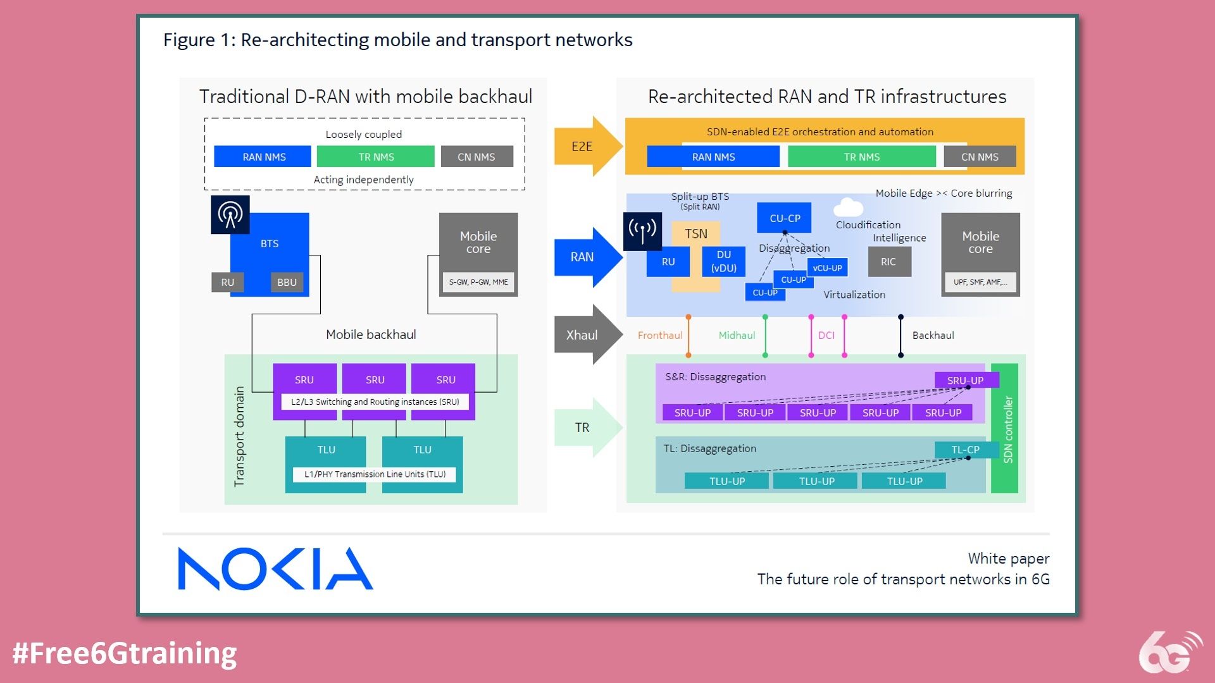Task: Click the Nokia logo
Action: [x=275, y=569]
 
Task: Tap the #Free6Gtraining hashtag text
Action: [x=124, y=653]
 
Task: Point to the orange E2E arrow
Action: [x=586, y=146]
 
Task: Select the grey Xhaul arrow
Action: [x=586, y=335]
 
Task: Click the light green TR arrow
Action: [x=586, y=428]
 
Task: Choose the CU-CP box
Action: [x=785, y=218]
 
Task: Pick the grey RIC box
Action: [x=888, y=261]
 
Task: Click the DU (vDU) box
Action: [x=723, y=261]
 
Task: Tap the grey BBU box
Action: [x=287, y=282]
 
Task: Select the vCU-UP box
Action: [x=827, y=268]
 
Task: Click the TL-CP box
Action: [x=965, y=450]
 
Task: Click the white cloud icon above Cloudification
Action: [x=848, y=207]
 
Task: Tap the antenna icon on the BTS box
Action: [x=230, y=214]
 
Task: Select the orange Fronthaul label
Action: [x=659, y=335]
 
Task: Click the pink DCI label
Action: [x=826, y=335]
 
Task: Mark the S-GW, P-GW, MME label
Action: [x=478, y=282]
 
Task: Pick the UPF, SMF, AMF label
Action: [x=980, y=282]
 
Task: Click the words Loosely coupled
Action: [x=363, y=134]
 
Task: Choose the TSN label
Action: [x=695, y=233]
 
